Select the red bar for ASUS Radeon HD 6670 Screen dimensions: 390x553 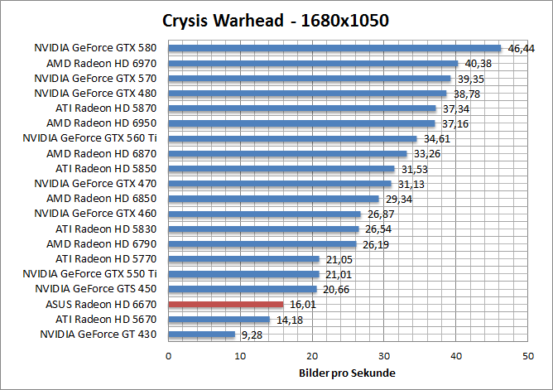click(225, 305)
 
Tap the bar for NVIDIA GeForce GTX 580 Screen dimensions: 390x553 click(334, 48)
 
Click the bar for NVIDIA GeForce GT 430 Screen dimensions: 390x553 click(201, 335)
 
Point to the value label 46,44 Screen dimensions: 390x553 click(522, 49)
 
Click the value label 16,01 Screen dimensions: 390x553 click(303, 306)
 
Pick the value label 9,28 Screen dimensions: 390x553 click(252, 335)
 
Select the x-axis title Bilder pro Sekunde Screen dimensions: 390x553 click(347, 373)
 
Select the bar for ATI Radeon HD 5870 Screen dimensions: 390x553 click(302, 108)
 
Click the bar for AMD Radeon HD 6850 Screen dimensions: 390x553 click(273, 199)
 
